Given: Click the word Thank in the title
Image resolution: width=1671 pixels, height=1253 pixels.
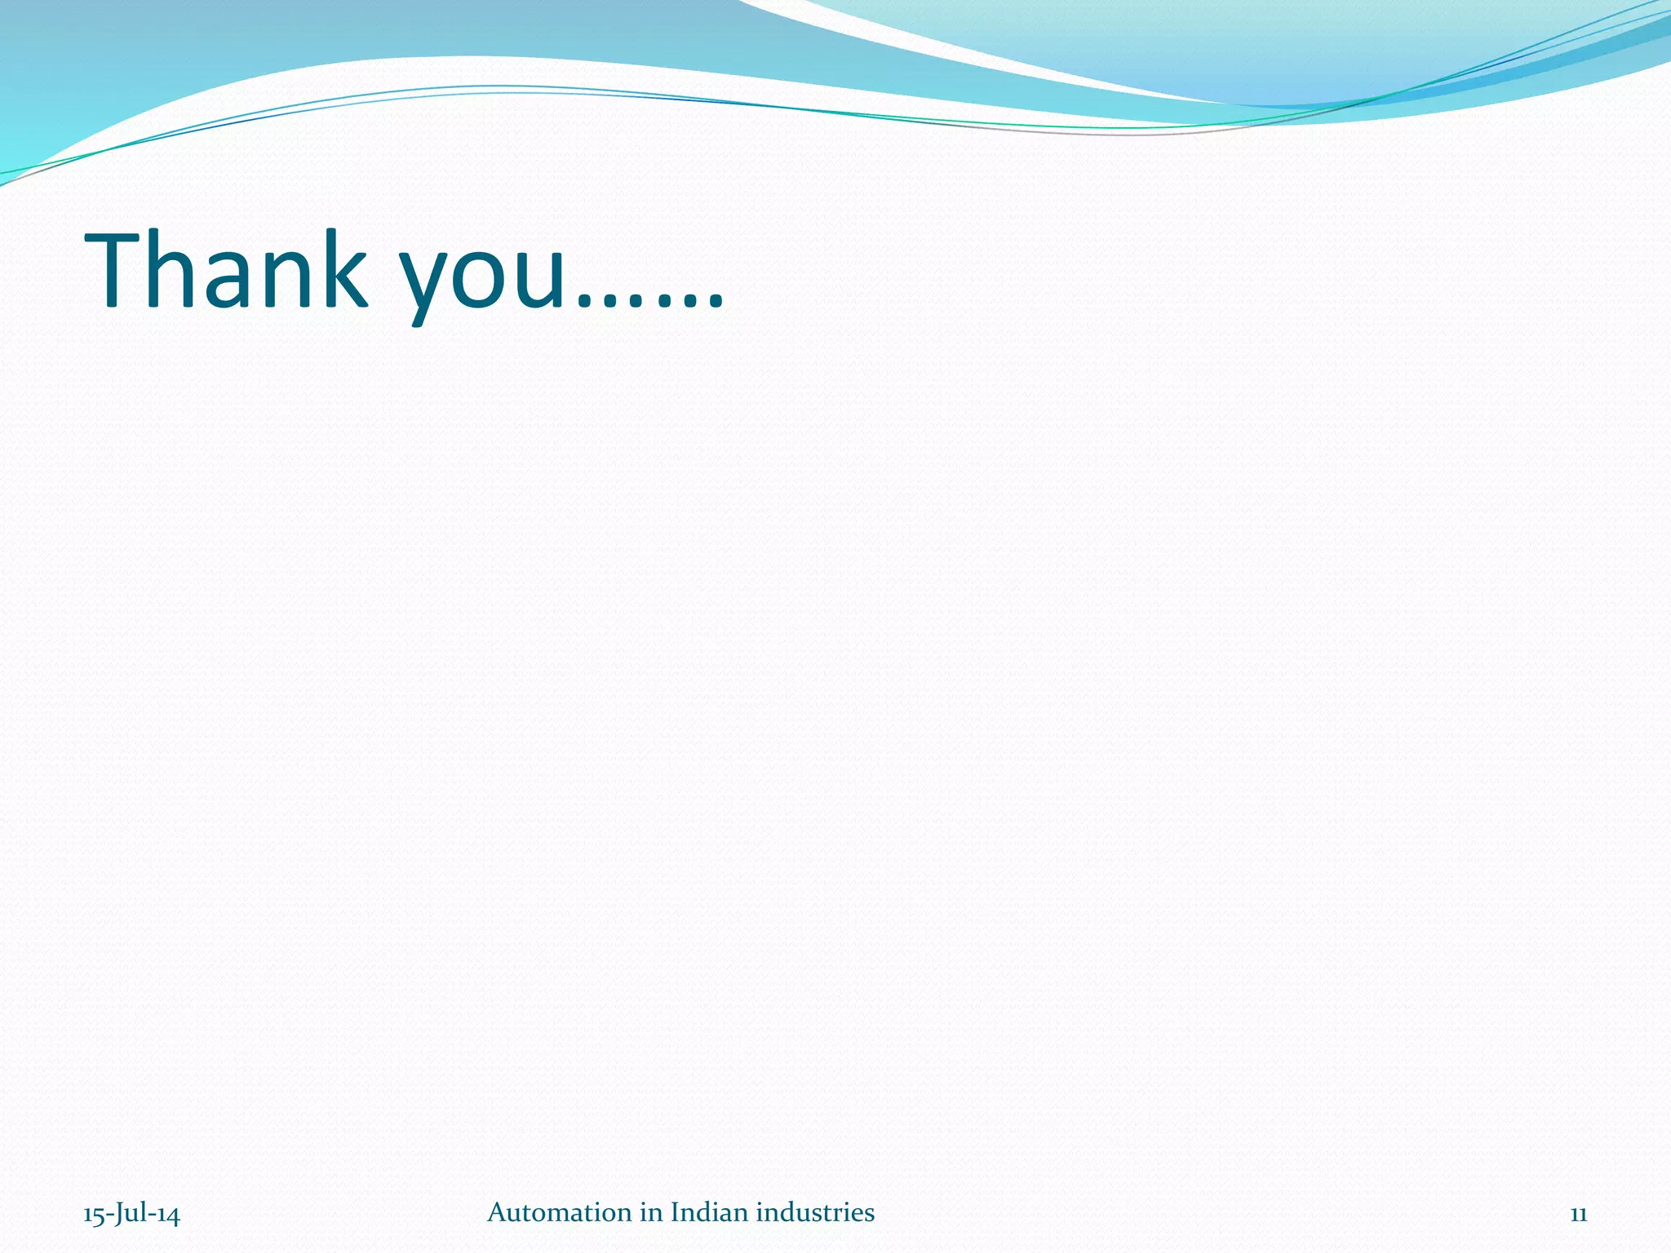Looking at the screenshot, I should click(225, 271).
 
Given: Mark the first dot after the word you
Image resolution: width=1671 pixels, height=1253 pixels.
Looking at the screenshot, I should click(586, 301).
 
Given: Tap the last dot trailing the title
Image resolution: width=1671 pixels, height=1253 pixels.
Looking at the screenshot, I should click(715, 301).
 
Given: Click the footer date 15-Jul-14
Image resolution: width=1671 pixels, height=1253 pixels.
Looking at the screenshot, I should click(131, 1214).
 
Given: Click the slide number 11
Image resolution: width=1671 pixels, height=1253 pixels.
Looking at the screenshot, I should click(1578, 1214).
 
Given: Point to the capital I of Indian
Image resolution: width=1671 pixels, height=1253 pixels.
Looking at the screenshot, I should click(674, 1212).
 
